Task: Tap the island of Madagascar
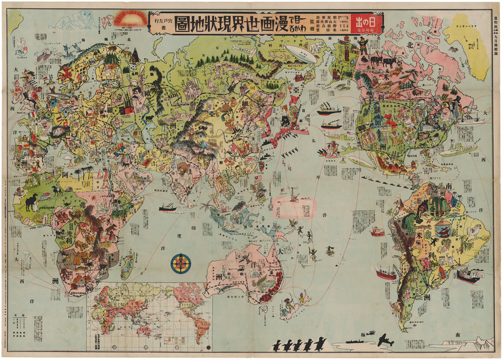[x=127, y=265]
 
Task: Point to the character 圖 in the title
[x=182, y=25]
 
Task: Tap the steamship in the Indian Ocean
[x=168, y=208]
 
